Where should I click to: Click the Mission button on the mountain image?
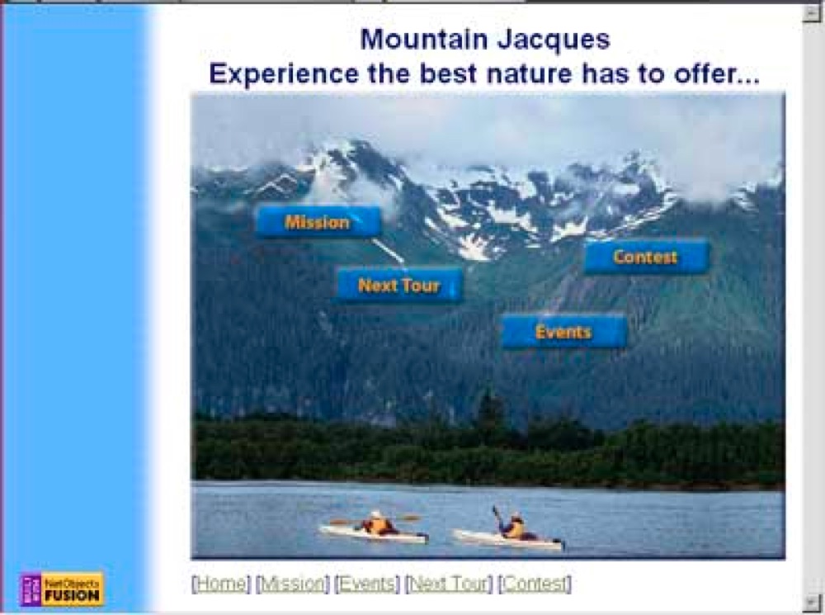[318, 222]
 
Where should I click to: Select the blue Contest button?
[647, 257]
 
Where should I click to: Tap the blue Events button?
[564, 332]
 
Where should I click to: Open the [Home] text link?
[221, 584]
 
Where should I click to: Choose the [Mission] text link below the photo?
[293, 584]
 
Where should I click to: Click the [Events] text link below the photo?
[367, 584]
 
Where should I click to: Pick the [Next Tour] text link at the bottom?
[449, 584]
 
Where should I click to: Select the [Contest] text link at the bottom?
[535, 584]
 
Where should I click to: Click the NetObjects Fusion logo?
[62, 589]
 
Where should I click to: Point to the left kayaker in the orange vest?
[377, 524]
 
